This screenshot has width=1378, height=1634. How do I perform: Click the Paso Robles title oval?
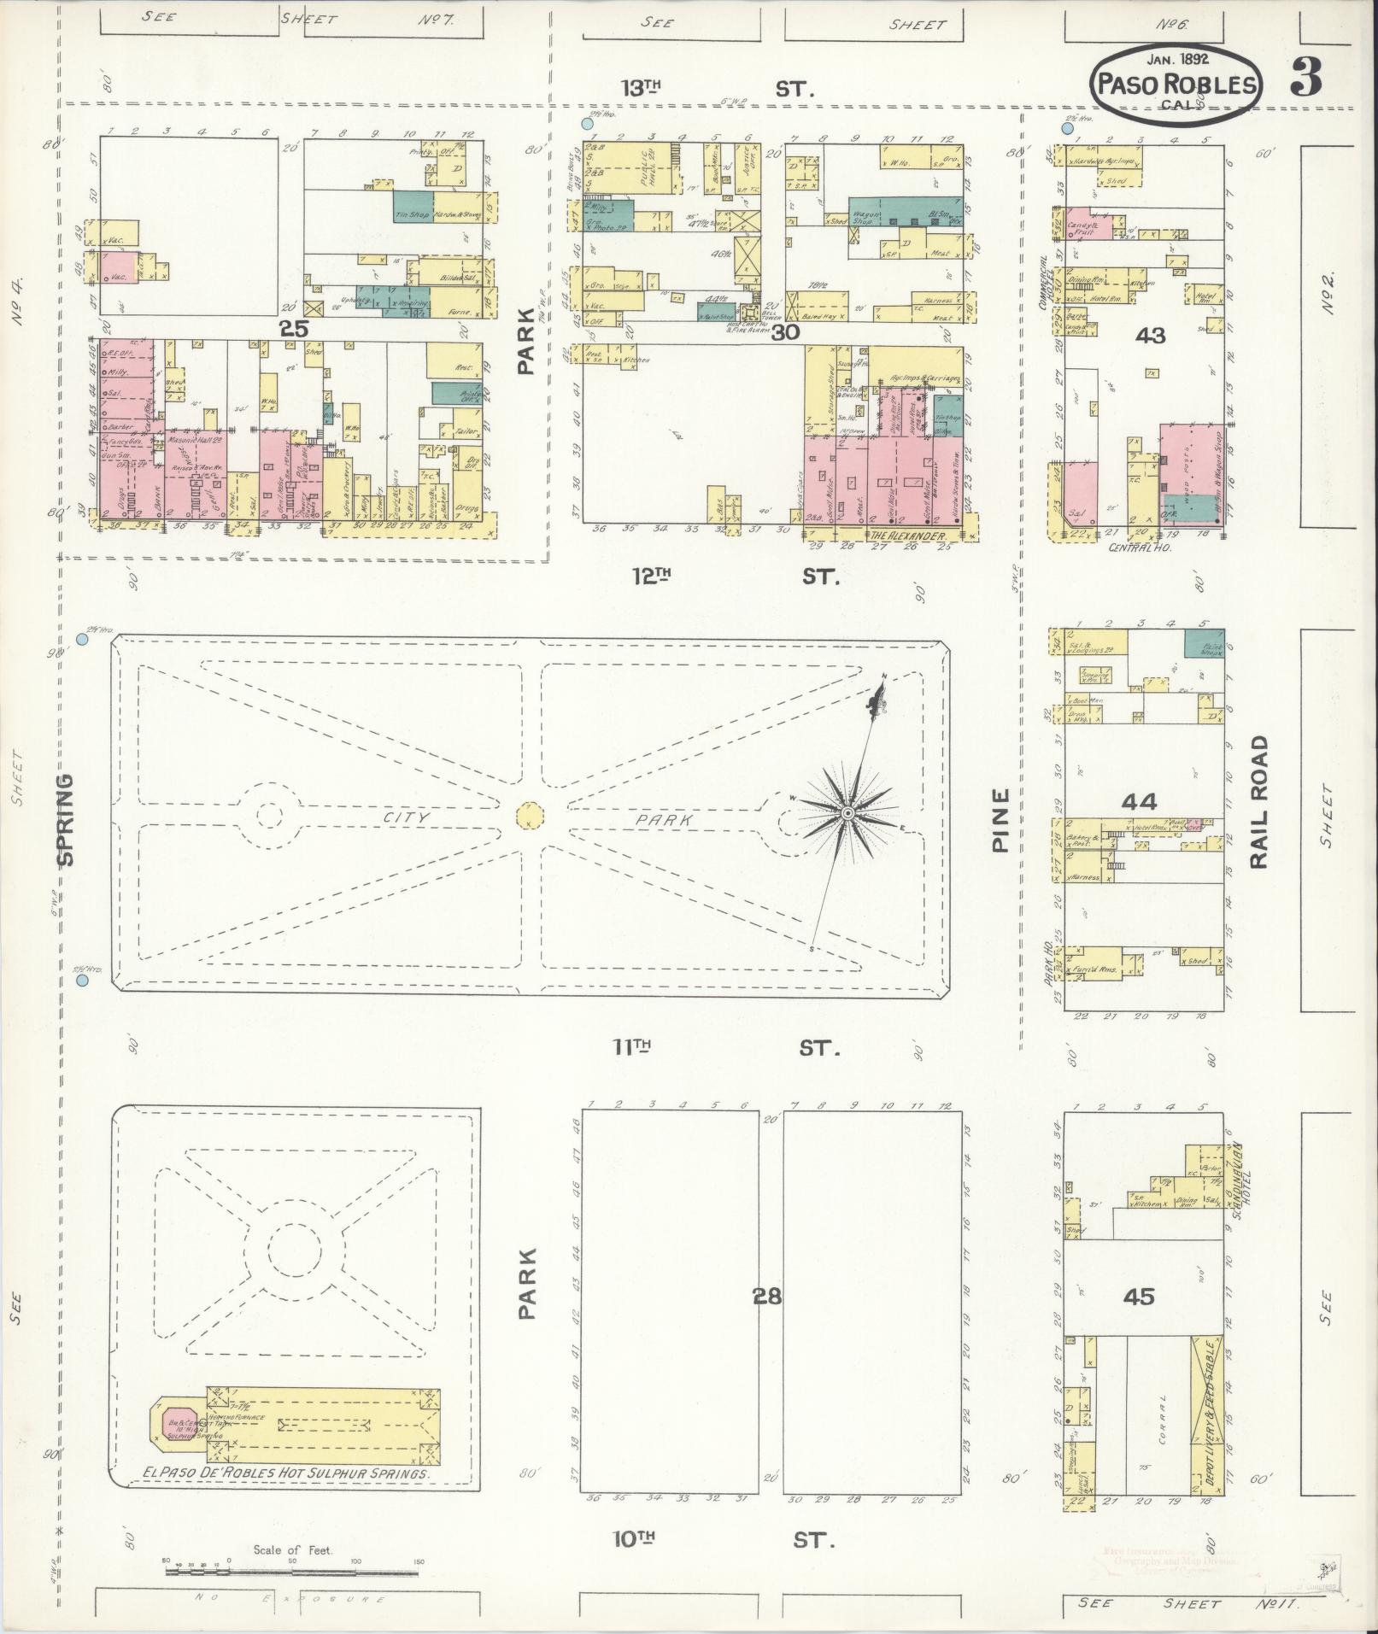(1177, 79)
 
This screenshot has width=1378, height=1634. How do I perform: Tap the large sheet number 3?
(1306, 78)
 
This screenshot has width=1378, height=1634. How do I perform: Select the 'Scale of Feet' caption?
(292, 1549)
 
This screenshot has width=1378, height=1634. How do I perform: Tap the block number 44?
(1140, 801)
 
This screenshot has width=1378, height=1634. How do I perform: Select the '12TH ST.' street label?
(736, 577)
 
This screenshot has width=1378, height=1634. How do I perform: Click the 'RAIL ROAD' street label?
(1258, 802)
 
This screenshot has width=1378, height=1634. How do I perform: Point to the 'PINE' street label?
(1000, 820)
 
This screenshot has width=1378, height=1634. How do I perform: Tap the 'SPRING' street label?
(66, 820)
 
